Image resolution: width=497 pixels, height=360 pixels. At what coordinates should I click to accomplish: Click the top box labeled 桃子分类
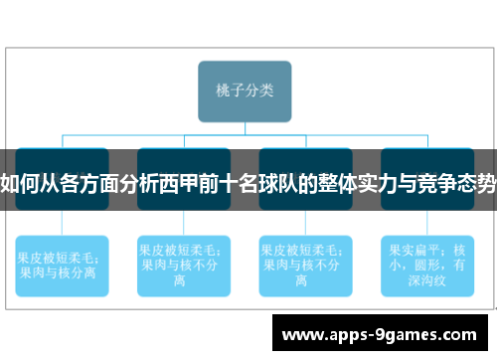[x=245, y=90]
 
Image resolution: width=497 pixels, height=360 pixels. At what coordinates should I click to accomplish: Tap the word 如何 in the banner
[x=19, y=182]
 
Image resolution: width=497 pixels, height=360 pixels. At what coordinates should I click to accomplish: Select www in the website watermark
[x=301, y=335]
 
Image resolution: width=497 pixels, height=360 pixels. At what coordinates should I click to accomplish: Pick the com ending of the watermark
[x=458, y=335]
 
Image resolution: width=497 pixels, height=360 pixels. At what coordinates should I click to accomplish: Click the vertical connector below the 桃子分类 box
[x=245, y=127]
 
